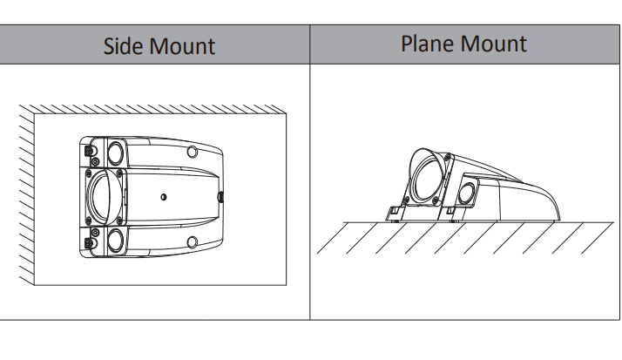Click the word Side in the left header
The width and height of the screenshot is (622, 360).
[x=123, y=45]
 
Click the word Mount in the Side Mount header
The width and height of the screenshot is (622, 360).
[x=182, y=46]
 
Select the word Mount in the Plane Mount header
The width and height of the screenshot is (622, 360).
[x=493, y=44]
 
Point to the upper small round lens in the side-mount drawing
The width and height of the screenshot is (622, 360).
[x=116, y=153]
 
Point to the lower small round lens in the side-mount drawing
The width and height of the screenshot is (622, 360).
[x=116, y=240]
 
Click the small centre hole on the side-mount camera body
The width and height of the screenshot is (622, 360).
[x=164, y=197]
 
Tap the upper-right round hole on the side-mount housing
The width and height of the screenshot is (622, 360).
[x=193, y=152]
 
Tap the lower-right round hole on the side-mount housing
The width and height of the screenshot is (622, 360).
[x=193, y=241]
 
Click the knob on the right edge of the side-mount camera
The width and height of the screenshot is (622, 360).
[x=221, y=196]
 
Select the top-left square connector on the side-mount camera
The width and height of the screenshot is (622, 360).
[x=89, y=151]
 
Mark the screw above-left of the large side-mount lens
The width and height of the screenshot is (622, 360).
[x=89, y=173]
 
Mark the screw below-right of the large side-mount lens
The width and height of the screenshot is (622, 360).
[x=118, y=220]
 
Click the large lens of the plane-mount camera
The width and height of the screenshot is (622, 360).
[x=429, y=178]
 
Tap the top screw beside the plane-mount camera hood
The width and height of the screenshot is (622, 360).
[x=448, y=158]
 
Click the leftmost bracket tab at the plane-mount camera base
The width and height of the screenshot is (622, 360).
[x=396, y=214]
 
